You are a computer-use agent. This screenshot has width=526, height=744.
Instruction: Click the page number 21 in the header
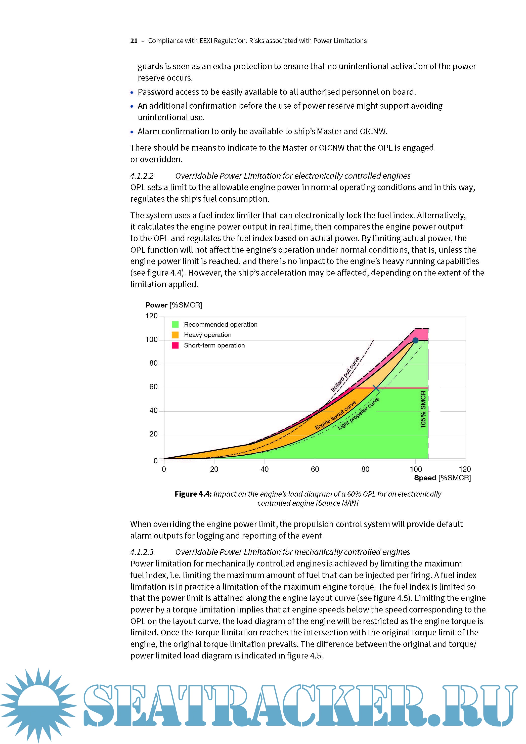[134, 41]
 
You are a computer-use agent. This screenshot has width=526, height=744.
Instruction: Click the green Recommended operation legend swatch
[175, 324]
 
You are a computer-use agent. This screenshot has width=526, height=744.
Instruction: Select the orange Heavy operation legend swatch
[175, 335]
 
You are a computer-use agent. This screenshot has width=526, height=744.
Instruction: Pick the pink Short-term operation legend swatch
[175, 345]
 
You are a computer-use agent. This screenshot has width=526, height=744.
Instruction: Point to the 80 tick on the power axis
[153, 363]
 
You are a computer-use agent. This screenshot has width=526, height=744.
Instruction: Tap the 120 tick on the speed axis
[465, 469]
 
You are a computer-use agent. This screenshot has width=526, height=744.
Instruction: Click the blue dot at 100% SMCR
[415, 340]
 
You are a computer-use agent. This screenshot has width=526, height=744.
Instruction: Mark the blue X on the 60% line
[376, 388]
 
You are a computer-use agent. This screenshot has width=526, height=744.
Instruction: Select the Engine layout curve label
[335, 415]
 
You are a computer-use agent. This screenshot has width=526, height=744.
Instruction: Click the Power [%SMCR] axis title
[173, 305]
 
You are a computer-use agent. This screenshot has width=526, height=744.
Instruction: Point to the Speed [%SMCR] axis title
[442, 478]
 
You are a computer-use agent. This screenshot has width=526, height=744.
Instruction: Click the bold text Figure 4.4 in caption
[193, 494]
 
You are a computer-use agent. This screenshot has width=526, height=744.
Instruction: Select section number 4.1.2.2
[142, 176]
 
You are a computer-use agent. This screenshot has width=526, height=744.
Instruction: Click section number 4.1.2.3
[142, 552]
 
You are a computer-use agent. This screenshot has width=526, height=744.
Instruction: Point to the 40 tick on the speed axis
[265, 469]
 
